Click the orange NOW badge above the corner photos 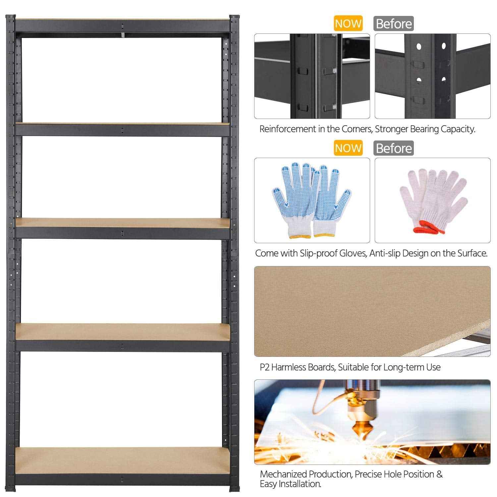click(348, 24)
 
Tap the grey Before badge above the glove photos click(394, 148)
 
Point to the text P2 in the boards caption click(264, 367)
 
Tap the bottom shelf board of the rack click(123, 461)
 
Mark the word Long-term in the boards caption click(404, 367)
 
